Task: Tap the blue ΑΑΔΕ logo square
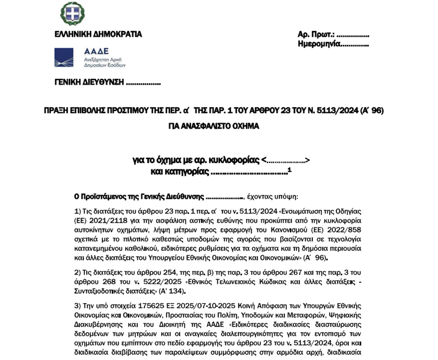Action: coord(67,58)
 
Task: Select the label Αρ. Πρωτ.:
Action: coord(316,35)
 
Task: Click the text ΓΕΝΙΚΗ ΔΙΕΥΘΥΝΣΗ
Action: coord(89,83)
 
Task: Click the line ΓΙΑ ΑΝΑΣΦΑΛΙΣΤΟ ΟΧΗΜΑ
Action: coord(214,126)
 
